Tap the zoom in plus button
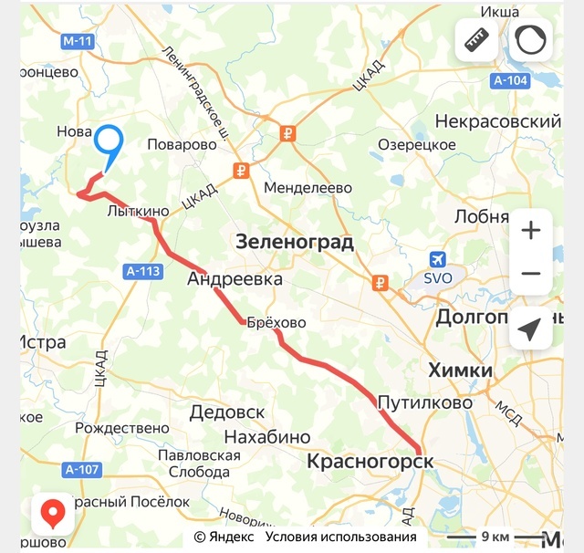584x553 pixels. [530, 230]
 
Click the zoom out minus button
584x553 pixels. [530, 274]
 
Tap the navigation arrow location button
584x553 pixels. [530, 329]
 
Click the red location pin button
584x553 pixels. [54, 516]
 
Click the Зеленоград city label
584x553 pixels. [293, 243]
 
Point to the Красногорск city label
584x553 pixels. [370, 462]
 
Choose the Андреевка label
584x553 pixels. [235, 279]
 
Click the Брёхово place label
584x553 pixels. [276, 323]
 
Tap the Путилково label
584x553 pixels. [425, 402]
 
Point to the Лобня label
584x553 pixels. [481, 216]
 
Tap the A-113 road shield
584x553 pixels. [141, 270]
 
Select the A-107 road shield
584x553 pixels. [81, 470]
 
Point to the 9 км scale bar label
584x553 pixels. [495, 536]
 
